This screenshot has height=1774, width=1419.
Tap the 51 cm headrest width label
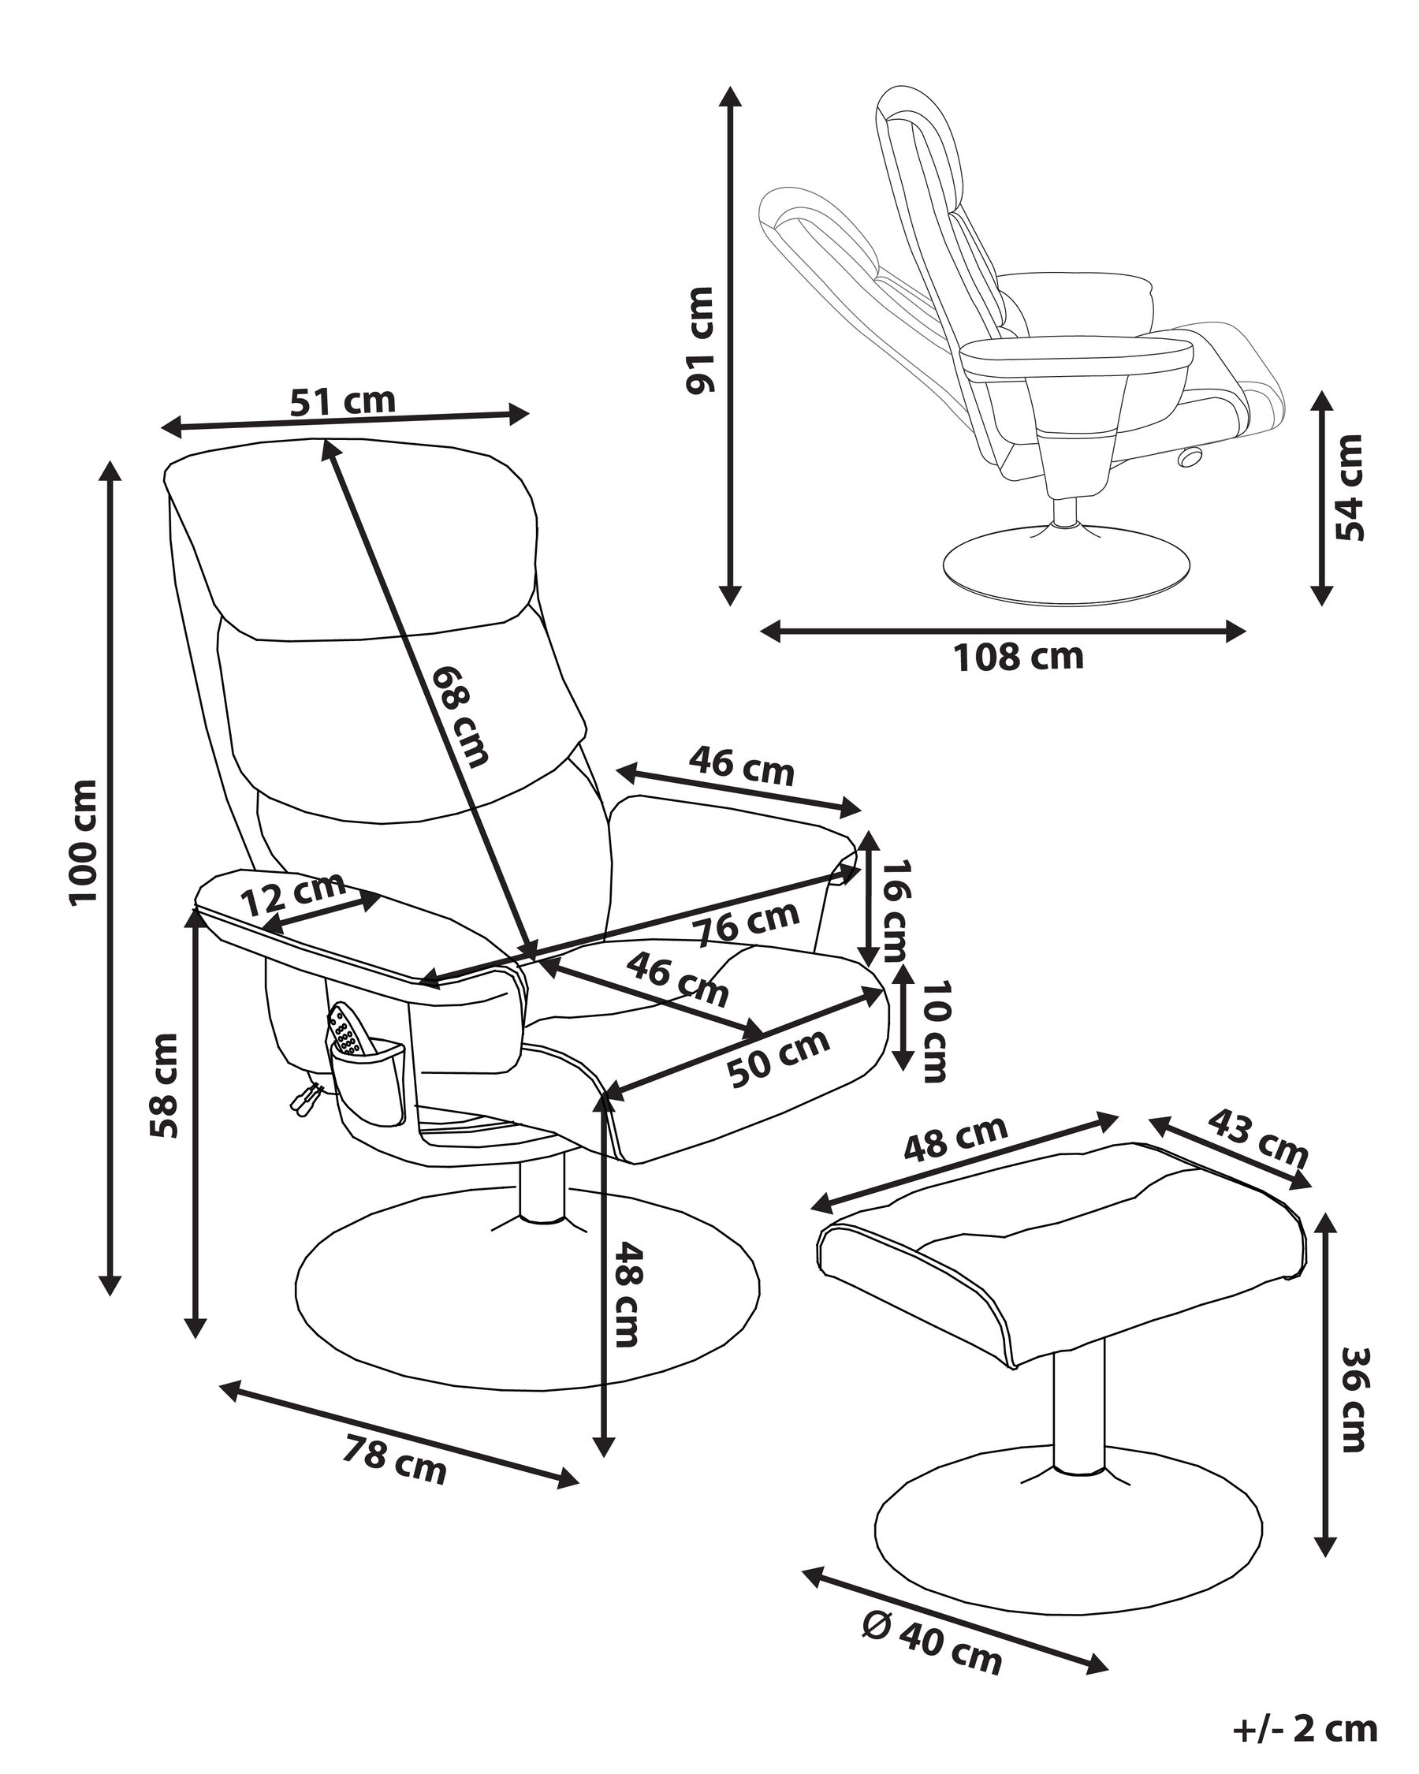[x=342, y=401]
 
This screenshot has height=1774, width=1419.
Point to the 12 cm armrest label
[x=294, y=893]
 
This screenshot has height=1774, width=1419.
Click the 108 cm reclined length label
[x=1018, y=657]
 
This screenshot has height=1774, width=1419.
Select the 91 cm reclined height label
[x=700, y=340]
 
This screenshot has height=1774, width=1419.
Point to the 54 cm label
[x=1349, y=487]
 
